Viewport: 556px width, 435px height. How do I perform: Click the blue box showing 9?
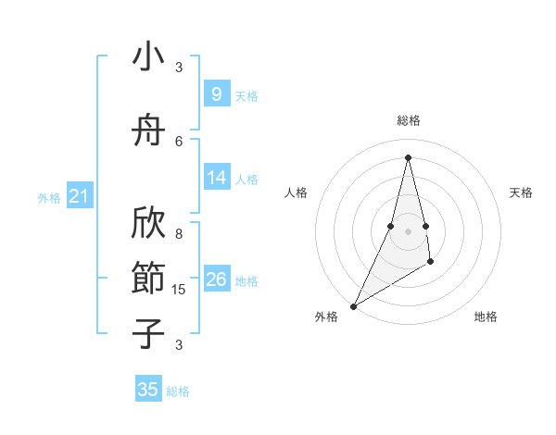[x=217, y=94]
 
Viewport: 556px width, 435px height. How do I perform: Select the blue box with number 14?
[x=217, y=178]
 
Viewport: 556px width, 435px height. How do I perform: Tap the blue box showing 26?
[x=217, y=280]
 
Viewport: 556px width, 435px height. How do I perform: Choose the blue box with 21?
[x=79, y=196]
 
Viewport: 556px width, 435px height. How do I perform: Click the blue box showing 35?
[x=148, y=390]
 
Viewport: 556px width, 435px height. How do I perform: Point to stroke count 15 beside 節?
[x=180, y=290]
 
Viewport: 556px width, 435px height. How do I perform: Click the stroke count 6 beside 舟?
[x=179, y=141]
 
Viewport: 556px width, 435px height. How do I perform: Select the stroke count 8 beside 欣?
[x=179, y=234]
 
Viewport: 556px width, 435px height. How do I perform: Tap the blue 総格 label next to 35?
[x=178, y=391]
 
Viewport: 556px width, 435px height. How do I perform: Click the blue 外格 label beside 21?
[x=49, y=198]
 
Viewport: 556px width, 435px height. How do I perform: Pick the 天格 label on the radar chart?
[x=521, y=193]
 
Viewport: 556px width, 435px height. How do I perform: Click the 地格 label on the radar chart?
[x=486, y=317]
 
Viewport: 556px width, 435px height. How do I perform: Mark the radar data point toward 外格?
[x=353, y=305]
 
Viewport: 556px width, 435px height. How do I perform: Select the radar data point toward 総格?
[x=408, y=157]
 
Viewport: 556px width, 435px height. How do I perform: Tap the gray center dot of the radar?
[x=408, y=231]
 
